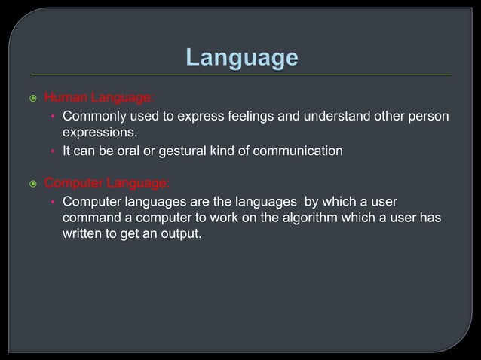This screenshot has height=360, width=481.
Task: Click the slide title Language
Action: click(241, 58)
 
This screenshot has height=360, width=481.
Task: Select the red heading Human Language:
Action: click(99, 97)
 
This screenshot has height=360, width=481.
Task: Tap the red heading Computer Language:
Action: click(107, 183)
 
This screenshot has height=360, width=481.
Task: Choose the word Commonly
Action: click(94, 117)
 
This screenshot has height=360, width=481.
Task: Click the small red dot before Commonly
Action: click(52, 117)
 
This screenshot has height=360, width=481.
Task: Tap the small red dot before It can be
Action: click(52, 152)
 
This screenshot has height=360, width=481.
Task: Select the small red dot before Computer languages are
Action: click(52, 203)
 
